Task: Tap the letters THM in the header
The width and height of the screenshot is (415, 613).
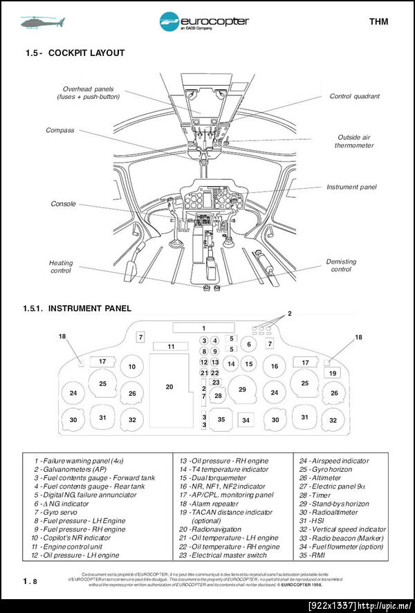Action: coord(378,21)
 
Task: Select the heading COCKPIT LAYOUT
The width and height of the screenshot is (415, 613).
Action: coord(86,53)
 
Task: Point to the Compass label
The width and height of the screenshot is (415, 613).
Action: coord(60,130)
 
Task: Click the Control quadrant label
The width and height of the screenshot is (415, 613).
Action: coord(354,96)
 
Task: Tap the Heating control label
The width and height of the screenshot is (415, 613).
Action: coord(61,266)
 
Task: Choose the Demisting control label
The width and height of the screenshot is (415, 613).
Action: coord(341,265)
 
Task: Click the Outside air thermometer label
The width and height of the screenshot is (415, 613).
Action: coord(354,141)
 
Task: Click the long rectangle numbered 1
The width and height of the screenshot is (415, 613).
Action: coord(203,327)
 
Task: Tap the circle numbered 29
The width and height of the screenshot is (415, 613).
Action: coord(242,390)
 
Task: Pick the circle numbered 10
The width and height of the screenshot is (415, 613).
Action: coord(132,367)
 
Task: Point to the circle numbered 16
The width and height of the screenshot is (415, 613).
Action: coord(275,367)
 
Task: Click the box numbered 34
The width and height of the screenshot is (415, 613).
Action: coord(246,419)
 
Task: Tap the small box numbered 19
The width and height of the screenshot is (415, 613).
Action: coord(333,374)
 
